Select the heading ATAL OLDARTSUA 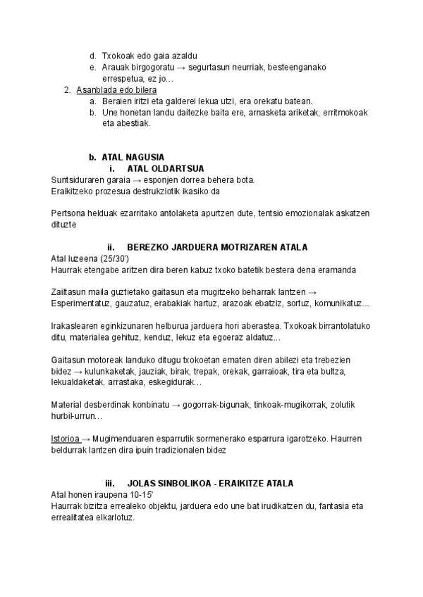click(166, 168)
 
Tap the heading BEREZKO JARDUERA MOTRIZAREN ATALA click(216, 247)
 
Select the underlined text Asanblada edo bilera click(116, 90)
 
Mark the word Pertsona click(70, 213)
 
